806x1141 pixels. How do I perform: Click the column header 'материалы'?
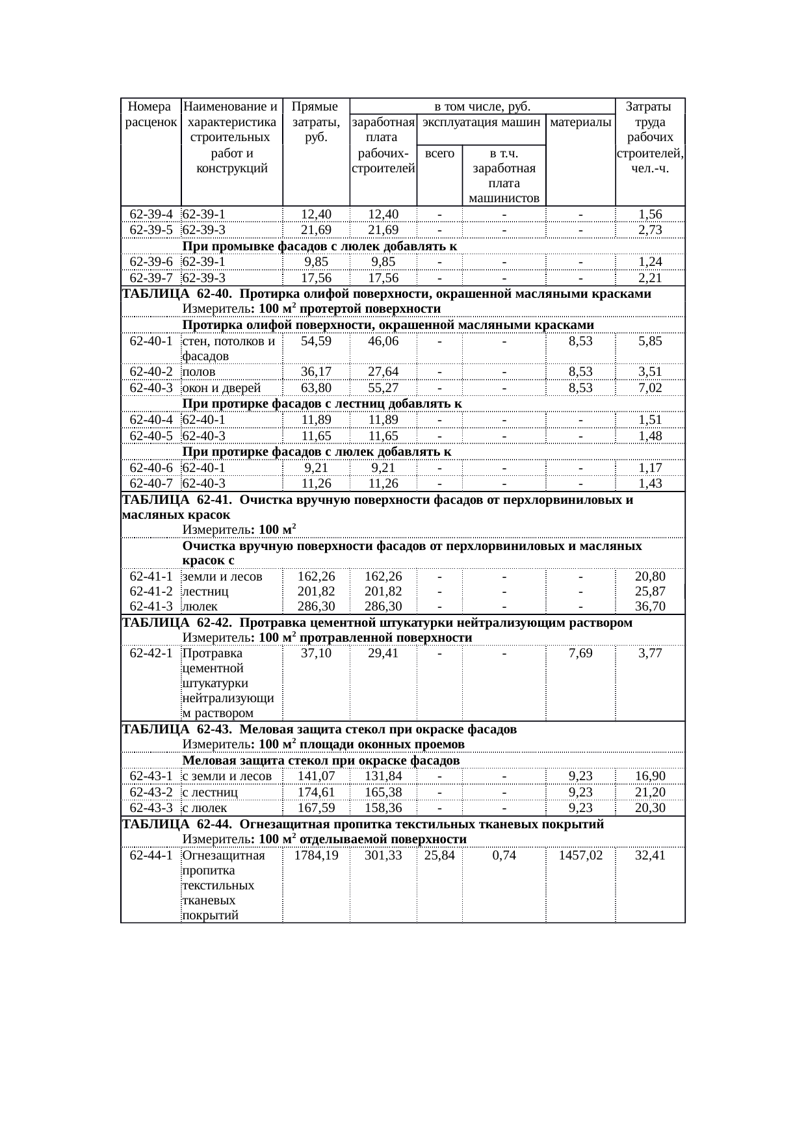pyautogui.click(x=580, y=122)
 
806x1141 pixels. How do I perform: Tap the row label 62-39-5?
pyautogui.click(x=151, y=230)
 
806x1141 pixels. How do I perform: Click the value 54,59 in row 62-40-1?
pyautogui.click(x=317, y=341)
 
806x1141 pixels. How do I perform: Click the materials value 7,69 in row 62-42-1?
pyautogui.click(x=580, y=653)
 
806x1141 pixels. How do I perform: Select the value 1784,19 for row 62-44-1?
pyautogui.click(x=317, y=856)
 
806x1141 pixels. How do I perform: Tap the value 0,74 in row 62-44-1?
pyautogui.click(x=504, y=856)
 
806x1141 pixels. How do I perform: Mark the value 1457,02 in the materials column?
pyautogui.click(x=580, y=856)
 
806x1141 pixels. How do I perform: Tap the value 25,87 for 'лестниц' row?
pyautogui.click(x=650, y=592)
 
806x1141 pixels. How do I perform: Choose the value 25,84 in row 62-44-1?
pyautogui.click(x=439, y=856)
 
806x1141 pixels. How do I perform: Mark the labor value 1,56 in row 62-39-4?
pyautogui.click(x=650, y=215)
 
